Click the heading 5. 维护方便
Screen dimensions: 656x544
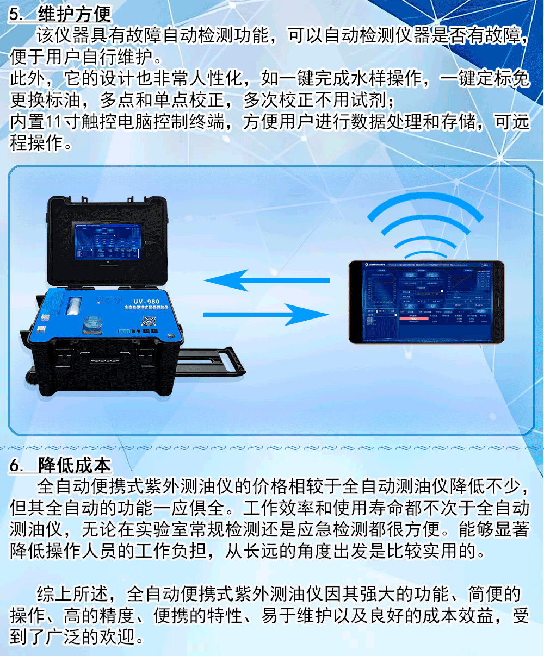coord(60,14)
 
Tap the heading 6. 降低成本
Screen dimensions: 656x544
coord(60,465)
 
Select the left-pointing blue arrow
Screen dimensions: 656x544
coord(267,281)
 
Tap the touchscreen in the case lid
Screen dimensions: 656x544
coord(109,241)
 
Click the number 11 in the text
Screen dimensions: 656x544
coord(53,122)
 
